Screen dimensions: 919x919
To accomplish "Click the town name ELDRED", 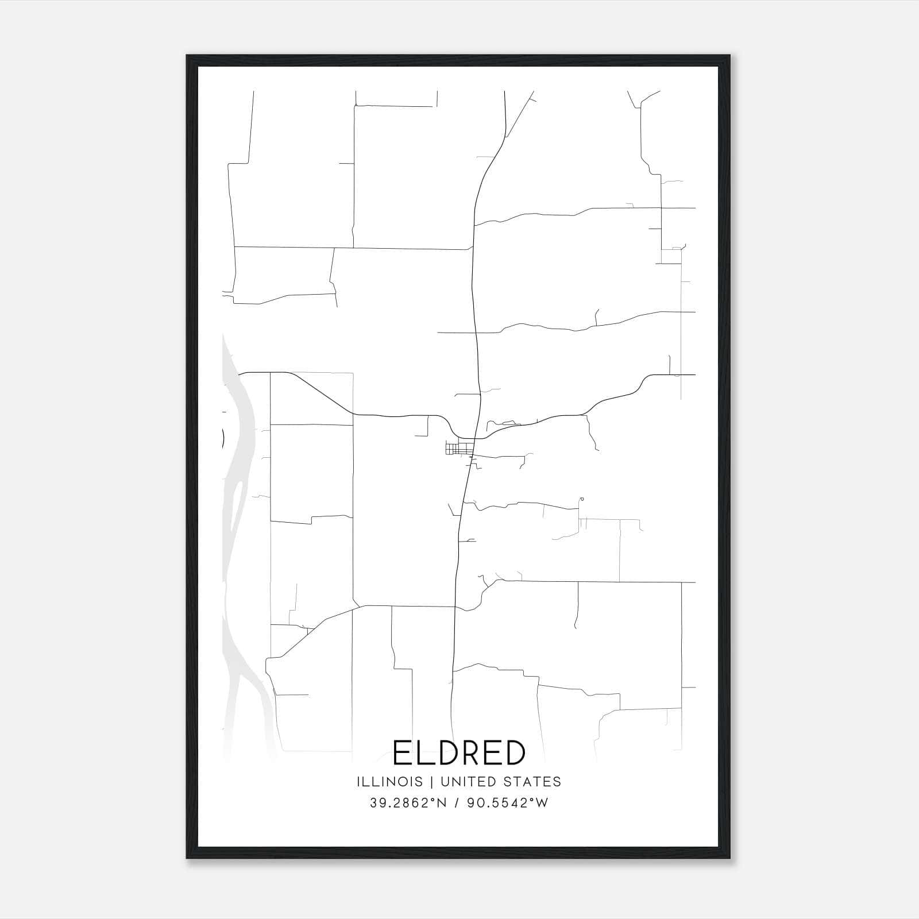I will (x=459, y=752).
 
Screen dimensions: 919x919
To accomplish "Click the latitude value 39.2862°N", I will (x=407, y=803).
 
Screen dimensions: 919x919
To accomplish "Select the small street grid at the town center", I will (x=458, y=448).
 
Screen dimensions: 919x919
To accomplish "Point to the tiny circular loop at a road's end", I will (x=582, y=499).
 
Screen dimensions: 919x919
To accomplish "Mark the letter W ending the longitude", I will (x=542, y=803).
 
